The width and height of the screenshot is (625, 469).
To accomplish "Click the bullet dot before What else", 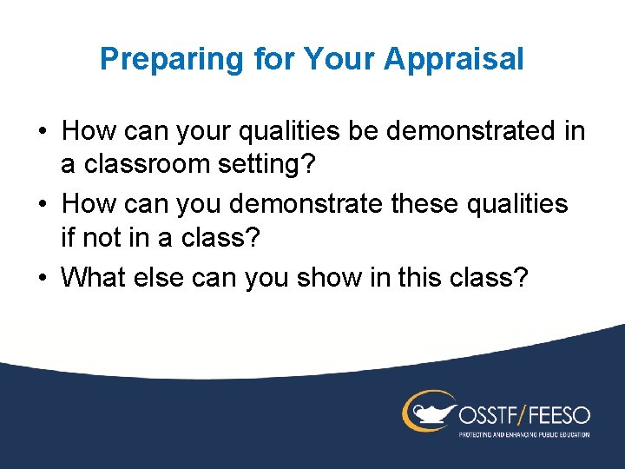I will click(43, 278).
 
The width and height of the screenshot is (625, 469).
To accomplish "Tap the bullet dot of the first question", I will click(43, 132).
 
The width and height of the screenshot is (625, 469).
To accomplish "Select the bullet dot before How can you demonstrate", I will click(43, 205).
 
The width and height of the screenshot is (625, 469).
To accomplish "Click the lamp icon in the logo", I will click(426, 411).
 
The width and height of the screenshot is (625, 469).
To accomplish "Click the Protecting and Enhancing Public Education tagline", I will click(523, 433).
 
